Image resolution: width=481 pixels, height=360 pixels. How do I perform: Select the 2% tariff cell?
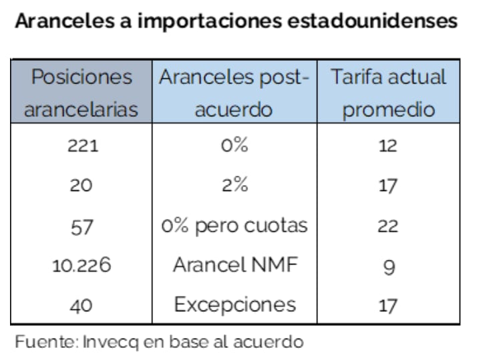[234, 186]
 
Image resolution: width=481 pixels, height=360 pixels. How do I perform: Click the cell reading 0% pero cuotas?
[234, 226]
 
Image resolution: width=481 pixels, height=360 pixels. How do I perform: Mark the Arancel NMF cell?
[234, 266]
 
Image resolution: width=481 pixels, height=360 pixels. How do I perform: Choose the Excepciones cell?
[234, 305]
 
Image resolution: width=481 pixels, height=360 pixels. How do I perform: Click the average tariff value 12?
[388, 146]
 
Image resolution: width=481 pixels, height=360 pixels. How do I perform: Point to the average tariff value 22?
[388, 226]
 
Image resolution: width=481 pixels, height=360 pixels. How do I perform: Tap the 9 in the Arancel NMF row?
[388, 266]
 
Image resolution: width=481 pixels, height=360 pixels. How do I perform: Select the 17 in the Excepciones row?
[388, 306]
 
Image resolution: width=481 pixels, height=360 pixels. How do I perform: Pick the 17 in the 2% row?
[388, 186]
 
